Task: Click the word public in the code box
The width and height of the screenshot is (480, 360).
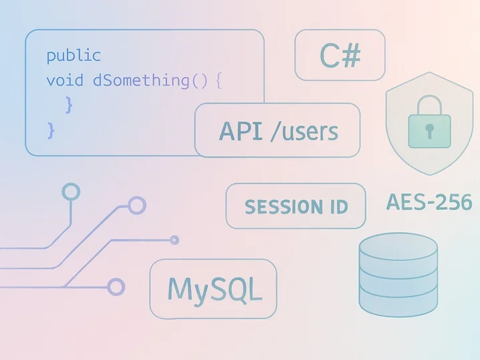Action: tap(74, 56)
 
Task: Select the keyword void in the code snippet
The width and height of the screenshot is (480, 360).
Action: tap(65, 80)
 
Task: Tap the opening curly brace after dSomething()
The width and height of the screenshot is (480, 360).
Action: tap(219, 81)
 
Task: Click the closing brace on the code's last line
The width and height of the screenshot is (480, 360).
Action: tap(50, 129)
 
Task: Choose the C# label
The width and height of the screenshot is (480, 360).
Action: tap(340, 56)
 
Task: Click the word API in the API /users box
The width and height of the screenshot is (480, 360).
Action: tap(241, 130)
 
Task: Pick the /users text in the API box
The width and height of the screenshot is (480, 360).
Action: tap(304, 130)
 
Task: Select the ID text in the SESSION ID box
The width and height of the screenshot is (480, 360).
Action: tap(338, 207)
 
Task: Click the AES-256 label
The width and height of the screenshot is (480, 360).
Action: tap(429, 201)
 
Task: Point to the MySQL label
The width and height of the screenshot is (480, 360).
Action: tap(213, 289)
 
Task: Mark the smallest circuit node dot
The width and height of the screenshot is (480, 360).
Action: tap(175, 240)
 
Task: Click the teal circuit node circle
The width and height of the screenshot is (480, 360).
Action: tap(71, 192)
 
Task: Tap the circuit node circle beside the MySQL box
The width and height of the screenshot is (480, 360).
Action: tap(116, 287)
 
